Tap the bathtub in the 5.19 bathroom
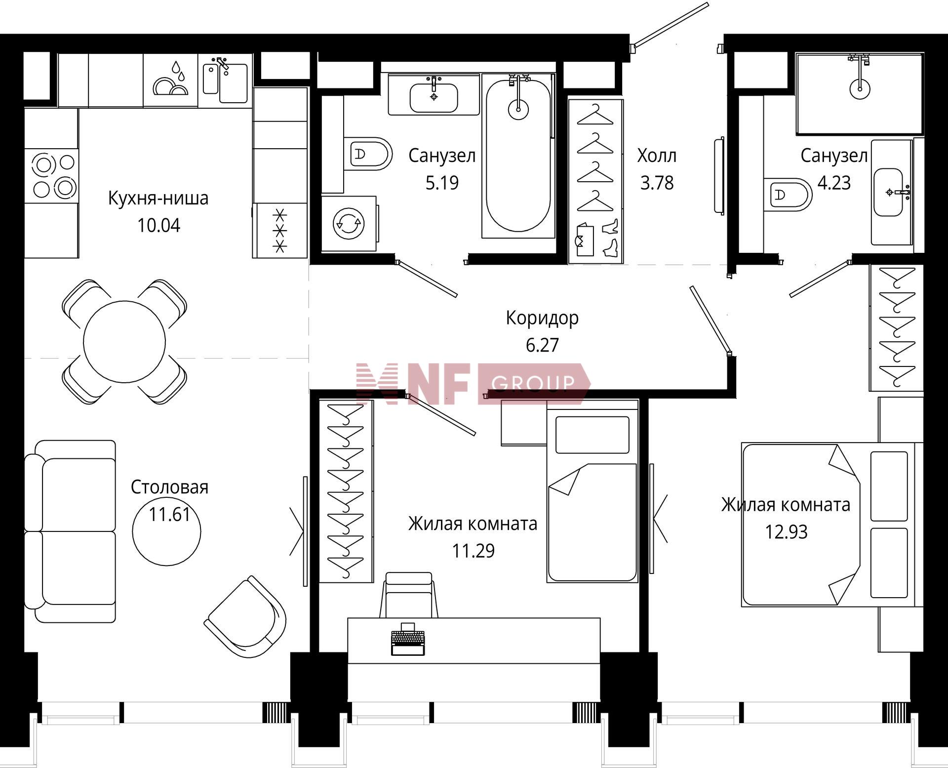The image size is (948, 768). coord(518,156)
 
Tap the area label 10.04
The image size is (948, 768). coord(158,226)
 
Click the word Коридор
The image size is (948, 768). coord(542,318)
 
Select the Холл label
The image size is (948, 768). coord(657,156)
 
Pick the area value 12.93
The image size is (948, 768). coord(787,532)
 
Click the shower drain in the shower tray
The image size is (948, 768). coord(860,89)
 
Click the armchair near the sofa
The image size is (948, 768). coord(245,616)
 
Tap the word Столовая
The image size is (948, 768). coord(169,487)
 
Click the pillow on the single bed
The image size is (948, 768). coord(592,435)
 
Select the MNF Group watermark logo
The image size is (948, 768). coord(473,384)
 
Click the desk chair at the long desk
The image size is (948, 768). coord(409,595)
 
